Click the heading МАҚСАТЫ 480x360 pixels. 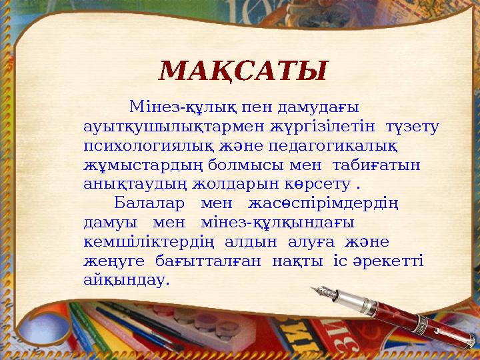tap(244, 70)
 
